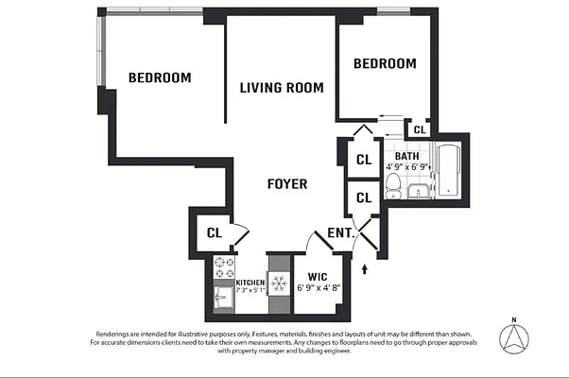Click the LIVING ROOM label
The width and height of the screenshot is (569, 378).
(281, 88)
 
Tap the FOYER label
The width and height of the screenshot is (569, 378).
(286, 183)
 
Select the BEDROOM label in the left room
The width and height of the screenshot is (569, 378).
(160, 77)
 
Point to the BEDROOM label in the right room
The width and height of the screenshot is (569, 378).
(384, 63)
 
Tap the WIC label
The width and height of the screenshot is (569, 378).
(318, 277)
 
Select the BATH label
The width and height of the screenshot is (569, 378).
(407, 157)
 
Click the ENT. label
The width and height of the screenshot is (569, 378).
(340, 232)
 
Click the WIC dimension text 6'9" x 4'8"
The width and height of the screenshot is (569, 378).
(319, 289)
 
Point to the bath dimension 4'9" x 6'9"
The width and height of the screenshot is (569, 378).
(407, 168)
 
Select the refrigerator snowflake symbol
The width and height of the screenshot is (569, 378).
(279, 282)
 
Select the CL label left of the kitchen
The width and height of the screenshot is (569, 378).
(215, 232)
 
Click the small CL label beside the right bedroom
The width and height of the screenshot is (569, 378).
(420, 129)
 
